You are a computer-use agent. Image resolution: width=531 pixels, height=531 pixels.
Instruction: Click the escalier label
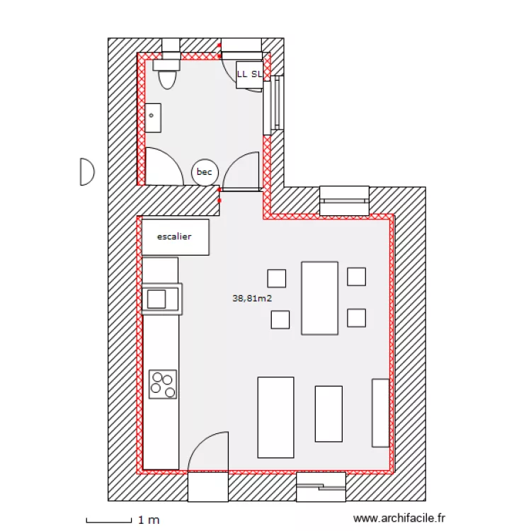coord(174,236)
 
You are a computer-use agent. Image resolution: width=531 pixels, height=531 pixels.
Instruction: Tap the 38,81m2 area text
coord(252,299)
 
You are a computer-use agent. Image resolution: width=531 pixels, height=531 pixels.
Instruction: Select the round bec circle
coord(205,172)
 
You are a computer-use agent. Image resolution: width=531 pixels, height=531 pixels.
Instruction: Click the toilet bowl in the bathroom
coord(167,76)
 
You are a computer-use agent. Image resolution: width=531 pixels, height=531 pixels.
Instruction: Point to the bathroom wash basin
coord(154,118)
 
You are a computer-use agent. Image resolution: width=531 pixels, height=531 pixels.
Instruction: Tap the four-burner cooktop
coord(162,384)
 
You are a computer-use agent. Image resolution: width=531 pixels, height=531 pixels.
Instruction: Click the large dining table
coord(319,297)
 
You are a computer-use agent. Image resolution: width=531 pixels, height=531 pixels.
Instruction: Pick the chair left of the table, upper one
coord(277,278)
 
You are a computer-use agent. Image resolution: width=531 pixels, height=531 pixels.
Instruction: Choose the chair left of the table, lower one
coord(280,320)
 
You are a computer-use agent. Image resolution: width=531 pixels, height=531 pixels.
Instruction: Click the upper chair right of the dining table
coord(356,276)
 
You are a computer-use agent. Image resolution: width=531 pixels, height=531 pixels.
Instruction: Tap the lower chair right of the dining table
coord(356,318)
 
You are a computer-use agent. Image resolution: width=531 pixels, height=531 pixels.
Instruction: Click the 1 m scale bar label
coord(149,520)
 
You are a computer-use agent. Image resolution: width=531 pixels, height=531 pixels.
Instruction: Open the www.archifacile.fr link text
coord(399,519)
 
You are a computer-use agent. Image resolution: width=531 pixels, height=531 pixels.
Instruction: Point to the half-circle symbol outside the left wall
coord(86,171)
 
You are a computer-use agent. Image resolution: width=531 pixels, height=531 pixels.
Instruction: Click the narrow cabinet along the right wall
coord(381,413)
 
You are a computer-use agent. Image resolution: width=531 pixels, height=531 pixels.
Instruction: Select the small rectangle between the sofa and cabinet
coord(329,413)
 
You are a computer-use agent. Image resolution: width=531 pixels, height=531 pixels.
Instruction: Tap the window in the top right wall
coord(344,200)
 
